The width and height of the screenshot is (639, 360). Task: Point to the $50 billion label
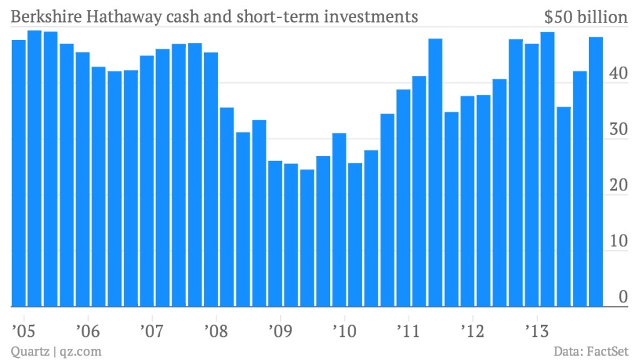point(585,17)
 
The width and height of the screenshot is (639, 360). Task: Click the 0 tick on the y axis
point(622,298)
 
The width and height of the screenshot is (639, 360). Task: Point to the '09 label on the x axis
point(278,329)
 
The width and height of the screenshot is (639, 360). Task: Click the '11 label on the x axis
point(407,329)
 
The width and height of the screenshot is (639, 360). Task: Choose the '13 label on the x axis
point(535,329)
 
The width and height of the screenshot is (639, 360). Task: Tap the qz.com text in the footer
point(80,351)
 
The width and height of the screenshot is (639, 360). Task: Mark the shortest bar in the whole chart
point(307,238)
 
